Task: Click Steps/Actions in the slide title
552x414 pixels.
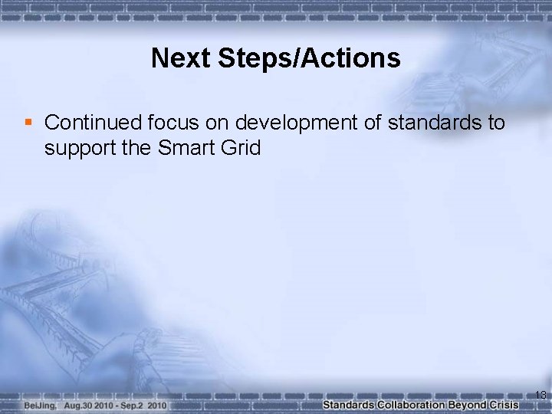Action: (x=307, y=58)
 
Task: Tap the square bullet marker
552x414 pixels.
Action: (x=28, y=123)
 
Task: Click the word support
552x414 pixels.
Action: (x=78, y=148)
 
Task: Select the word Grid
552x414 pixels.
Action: (x=241, y=148)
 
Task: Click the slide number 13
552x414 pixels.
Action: (x=540, y=395)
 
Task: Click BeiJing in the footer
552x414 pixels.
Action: (x=40, y=404)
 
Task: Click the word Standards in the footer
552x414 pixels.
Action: (x=348, y=404)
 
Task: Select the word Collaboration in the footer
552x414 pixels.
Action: (x=410, y=404)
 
